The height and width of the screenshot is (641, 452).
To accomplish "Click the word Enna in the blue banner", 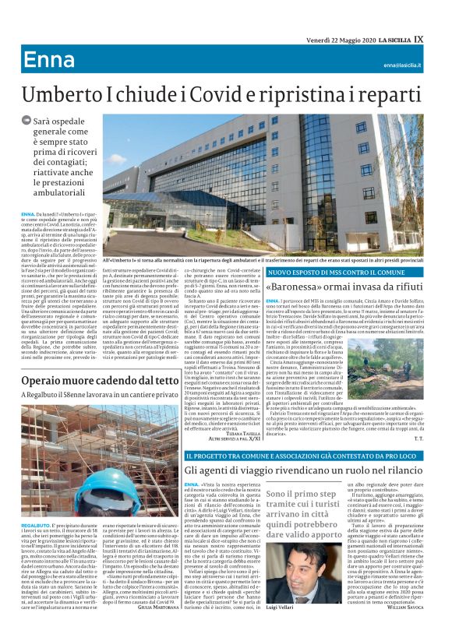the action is pyautogui.click(x=49, y=60).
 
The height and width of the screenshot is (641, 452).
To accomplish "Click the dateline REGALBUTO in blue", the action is pyautogui.click(x=37, y=504).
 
